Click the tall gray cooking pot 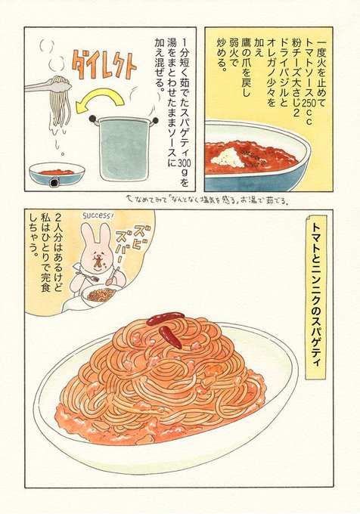[x=124, y=148]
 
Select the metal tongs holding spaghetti [x=48, y=85]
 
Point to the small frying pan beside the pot [x=57, y=175]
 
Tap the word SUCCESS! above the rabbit [x=98, y=215]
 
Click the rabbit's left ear [x=86, y=235]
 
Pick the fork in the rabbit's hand [x=88, y=276]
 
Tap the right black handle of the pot [x=155, y=121]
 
